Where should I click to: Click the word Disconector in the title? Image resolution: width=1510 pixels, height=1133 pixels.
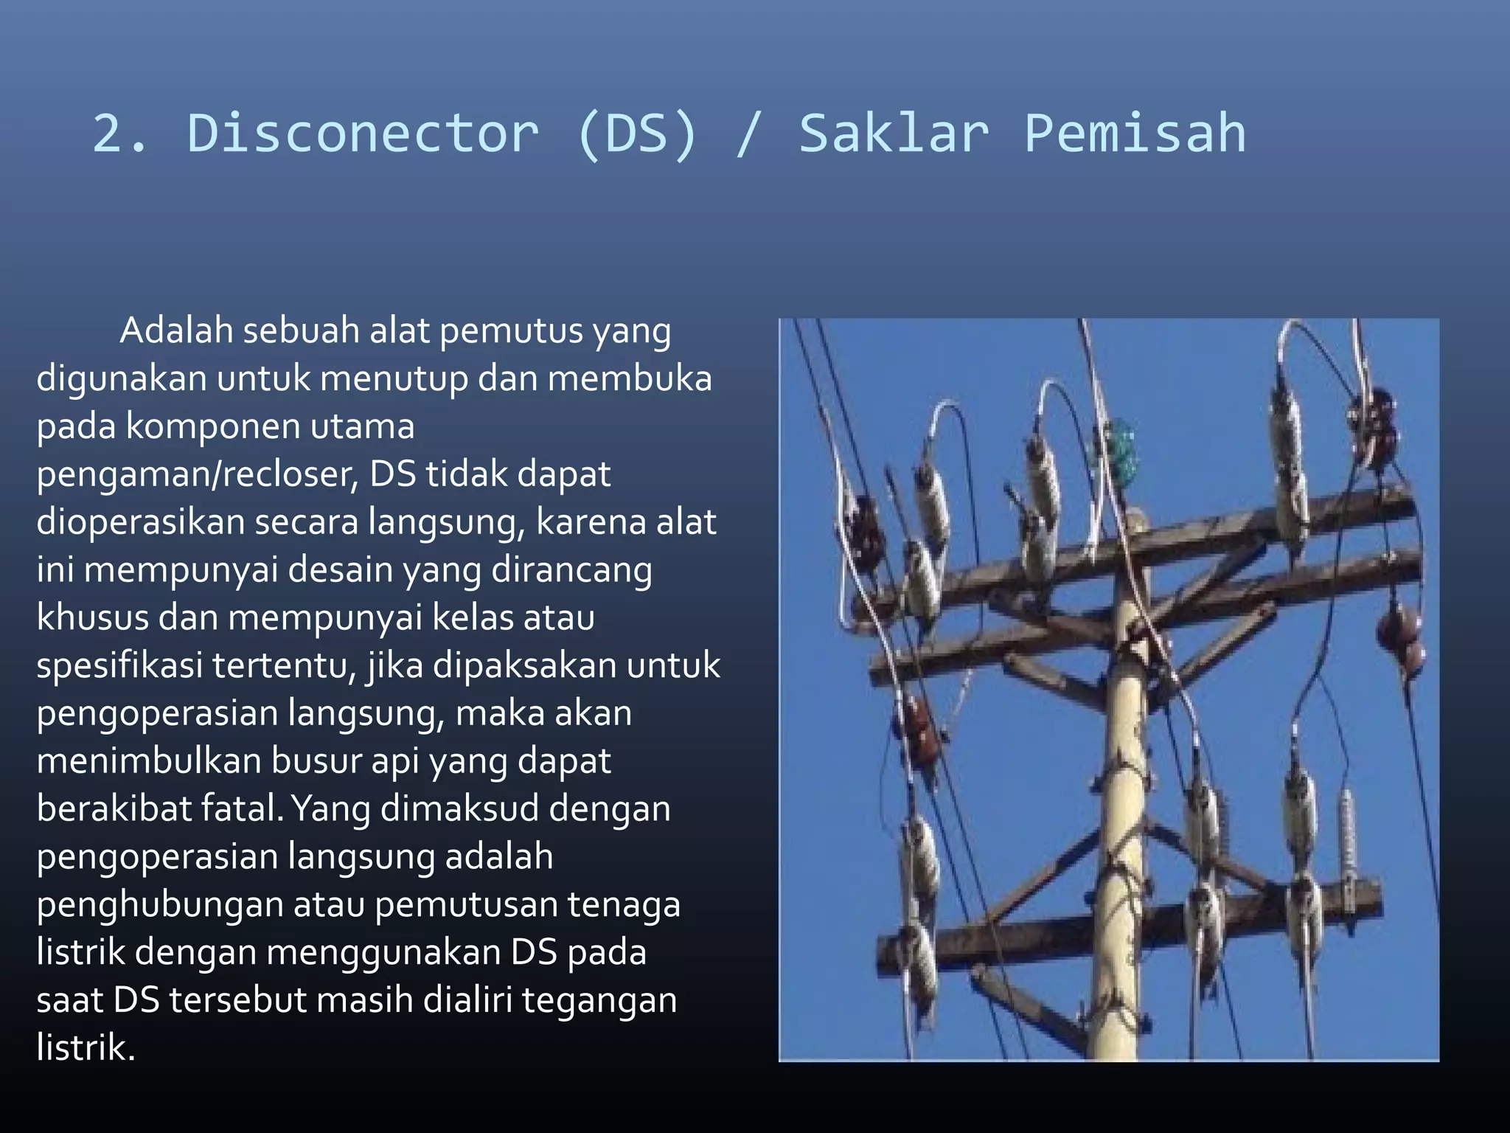click(x=363, y=134)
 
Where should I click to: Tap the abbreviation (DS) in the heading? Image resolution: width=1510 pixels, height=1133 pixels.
click(x=636, y=134)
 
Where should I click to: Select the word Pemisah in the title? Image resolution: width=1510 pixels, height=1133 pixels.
click(x=1135, y=134)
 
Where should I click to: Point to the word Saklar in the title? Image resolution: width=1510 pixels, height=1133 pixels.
click(x=894, y=134)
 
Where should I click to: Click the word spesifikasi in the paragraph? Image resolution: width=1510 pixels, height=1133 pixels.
click(x=119, y=665)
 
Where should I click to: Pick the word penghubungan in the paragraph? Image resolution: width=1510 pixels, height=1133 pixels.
click(x=160, y=904)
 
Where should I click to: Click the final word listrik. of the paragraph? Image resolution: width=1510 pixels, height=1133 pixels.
click(x=86, y=1047)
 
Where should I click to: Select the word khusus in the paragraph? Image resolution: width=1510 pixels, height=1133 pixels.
click(x=92, y=617)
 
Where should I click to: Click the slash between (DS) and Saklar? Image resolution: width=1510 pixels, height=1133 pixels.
click(x=746, y=134)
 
